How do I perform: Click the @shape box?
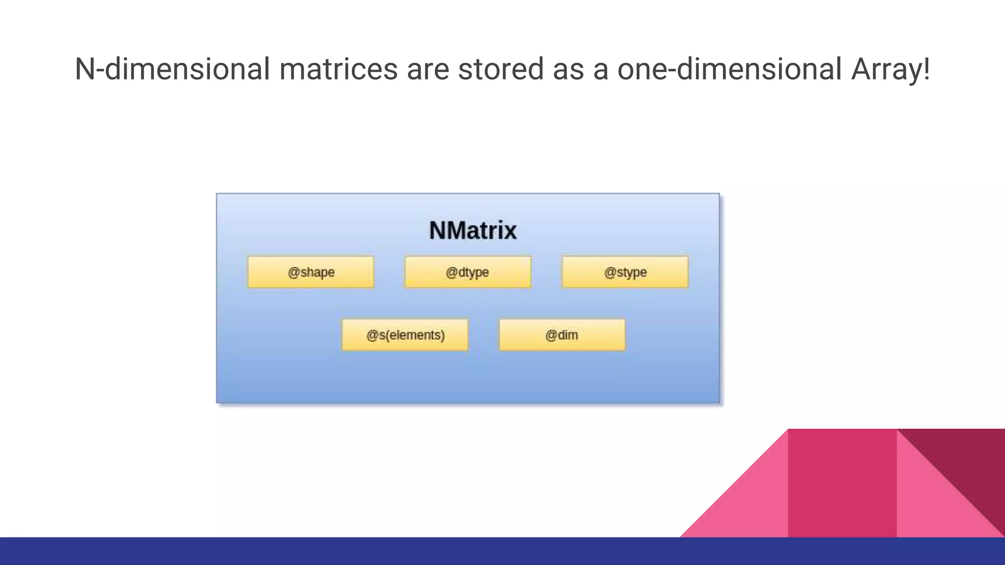click(x=311, y=272)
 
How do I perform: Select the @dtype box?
click(x=468, y=272)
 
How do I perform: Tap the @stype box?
click(x=625, y=272)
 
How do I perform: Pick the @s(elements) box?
click(x=405, y=335)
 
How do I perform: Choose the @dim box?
click(x=562, y=335)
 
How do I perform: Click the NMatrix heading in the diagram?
click(x=473, y=231)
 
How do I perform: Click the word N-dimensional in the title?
click(x=172, y=69)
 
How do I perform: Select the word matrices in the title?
click(x=339, y=69)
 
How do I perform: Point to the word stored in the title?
click(x=501, y=69)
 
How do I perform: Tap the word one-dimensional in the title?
click(x=729, y=69)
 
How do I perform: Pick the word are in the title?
click(x=428, y=69)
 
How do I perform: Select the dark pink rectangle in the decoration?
click(x=842, y=483)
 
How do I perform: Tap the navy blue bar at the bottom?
click(x=502, y=551)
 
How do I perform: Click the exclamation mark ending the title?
click(x=926, y=69)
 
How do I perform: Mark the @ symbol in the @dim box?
click(x=551, y=335)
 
